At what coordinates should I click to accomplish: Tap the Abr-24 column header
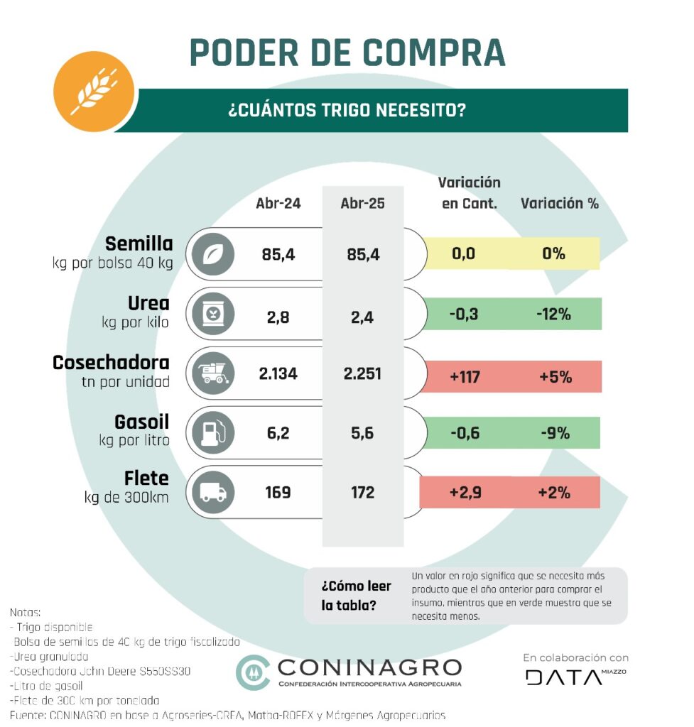pyautogui.click(x=278, y=203)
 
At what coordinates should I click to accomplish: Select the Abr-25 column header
pyautogui.click(x=362, y=203)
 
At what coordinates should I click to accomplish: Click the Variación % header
pyautogui.click(x=559, y=203)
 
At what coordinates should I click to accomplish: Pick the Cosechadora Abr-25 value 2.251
pyautogui.click(x=363, y=374)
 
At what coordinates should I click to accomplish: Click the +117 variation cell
pyautogui.click(x=465, y=376)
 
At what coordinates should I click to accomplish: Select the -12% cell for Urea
pyautogui.click(x=554, y=314)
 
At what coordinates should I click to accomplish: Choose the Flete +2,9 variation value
pyautogui.click(x=465, y=491)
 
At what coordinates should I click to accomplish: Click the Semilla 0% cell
pyautogui.click(x=554, y=253)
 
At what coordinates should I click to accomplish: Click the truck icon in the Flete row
pyautogui.click(x=212, y=491)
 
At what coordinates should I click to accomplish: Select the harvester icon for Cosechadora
pyautogui.click(x=212, y=373)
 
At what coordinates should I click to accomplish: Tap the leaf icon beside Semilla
pyautogui.click(x=212, y=254)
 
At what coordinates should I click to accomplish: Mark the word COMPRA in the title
pyautogui.click(x=433, y=53)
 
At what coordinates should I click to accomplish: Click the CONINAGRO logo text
pyautogui.click(x=369, y=667)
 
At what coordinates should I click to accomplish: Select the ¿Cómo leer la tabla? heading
pyautogui.click(x=356, y=596)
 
